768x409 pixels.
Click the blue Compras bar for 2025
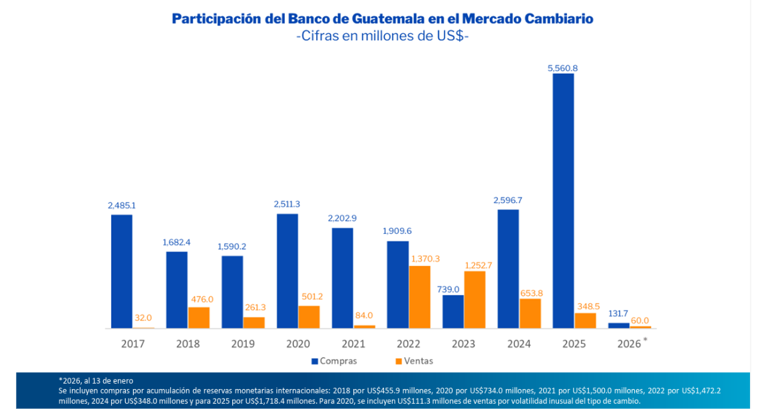click(x=563, y=200)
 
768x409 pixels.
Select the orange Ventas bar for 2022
click(x=419, y=297)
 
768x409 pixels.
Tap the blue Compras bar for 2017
click(x=121, y=271)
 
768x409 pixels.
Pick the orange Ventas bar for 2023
click(x=475, y=300)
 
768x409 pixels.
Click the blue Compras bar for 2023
click(x=453, y=312)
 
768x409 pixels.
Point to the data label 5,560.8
click(x=562, y=67)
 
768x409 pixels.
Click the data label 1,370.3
click(x=425, y=258)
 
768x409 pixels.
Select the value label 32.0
click(x=143, y=318)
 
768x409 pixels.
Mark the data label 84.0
click(x=364, y=316)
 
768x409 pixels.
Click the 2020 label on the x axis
click(x=298, y=344)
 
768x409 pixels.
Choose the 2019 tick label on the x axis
click(x=243, y=344)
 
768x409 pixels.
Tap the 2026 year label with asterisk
click(x=631, y=344)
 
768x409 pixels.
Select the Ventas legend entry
click(x=413, y=361)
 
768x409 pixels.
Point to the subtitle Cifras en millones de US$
click(x=383, y=36)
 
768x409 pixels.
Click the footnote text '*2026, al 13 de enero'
click(x=96, y=380)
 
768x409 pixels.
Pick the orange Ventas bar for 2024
click(x=530, y=313)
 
